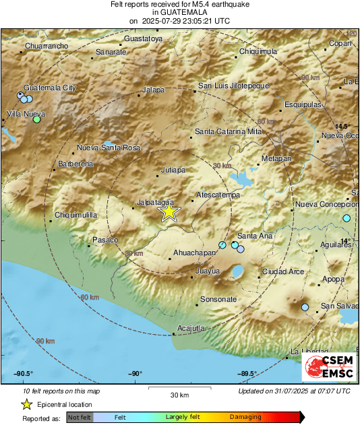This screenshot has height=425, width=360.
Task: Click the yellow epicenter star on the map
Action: point(169,212)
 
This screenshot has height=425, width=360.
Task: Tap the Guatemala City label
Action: point(50,88)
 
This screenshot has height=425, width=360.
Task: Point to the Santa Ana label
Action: point(255,236)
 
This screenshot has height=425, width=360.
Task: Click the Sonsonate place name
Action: point(218,298)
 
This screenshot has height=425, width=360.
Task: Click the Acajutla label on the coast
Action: point(190,328)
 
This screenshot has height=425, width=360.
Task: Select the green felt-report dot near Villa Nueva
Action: point(37,120)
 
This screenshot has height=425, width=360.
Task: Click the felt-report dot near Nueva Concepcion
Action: point(347,218)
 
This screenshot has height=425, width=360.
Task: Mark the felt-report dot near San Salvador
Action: point(305,307)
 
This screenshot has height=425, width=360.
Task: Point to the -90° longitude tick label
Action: point(136,374)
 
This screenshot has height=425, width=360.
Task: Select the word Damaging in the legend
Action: point(245,417)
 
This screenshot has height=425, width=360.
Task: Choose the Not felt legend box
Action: point(79,417)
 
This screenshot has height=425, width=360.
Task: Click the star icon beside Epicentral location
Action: point(26,404)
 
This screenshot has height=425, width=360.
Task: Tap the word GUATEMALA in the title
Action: point(179,12)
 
